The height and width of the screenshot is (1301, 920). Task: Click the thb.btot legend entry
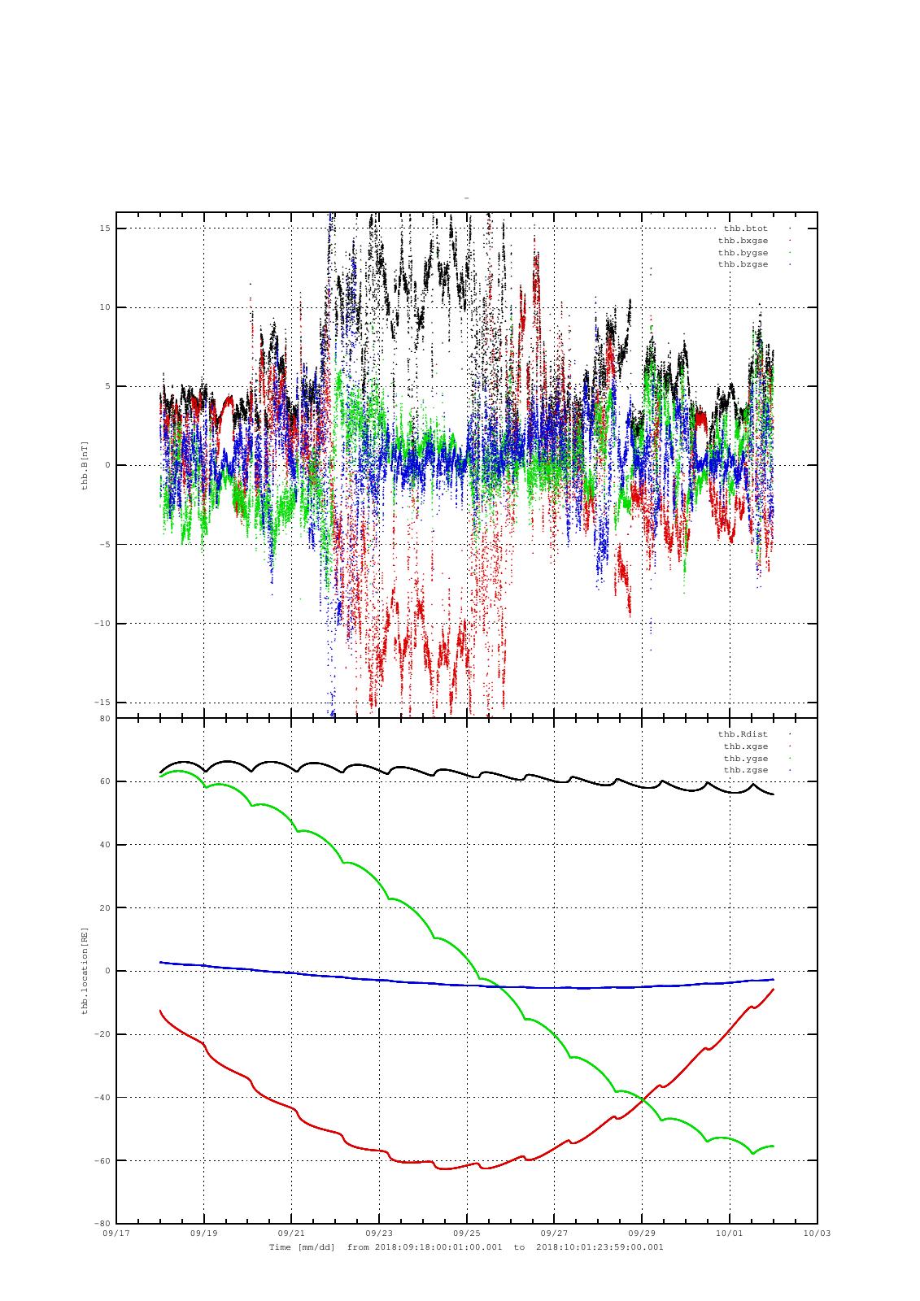point(745,228)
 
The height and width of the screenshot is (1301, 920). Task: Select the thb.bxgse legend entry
point(743,241)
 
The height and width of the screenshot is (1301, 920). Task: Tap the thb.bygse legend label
point(743,253)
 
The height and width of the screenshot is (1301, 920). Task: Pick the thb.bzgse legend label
point(743,265)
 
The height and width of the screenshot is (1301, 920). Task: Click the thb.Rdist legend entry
point(743,734)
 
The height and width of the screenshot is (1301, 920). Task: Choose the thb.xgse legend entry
point(745,746)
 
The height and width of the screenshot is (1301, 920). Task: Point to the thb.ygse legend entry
point(745,759)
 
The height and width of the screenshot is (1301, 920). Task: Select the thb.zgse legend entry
point(745,770)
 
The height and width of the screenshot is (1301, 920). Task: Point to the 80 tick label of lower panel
point(105,719)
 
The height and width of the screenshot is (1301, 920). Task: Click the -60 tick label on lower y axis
point(102,1160)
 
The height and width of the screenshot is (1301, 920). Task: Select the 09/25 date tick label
point(466,1233)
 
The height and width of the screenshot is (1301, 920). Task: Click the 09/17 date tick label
point(116,1233)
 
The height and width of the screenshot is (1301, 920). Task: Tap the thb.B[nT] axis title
point(84,465)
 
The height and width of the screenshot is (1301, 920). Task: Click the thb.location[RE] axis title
point(84,971)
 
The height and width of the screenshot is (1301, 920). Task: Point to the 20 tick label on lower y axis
point(105,908)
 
